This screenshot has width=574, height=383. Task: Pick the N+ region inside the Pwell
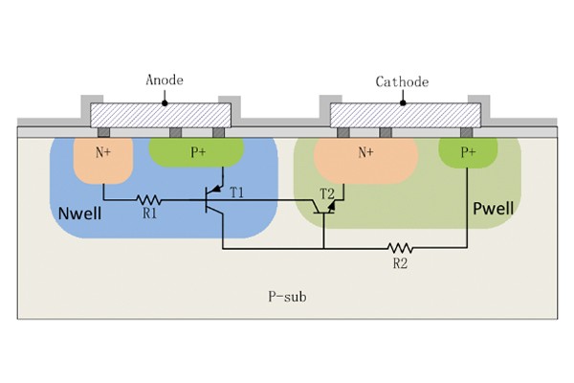(x=364, y=153)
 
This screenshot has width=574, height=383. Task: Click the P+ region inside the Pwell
(x=468, y=152)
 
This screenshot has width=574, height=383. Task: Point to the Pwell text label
(x=493, y=208)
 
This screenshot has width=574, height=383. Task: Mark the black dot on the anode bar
(x=165, y=101)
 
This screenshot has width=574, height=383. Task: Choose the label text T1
(x=236, y=192)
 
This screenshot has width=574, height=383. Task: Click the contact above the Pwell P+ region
(x=466, y=131)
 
